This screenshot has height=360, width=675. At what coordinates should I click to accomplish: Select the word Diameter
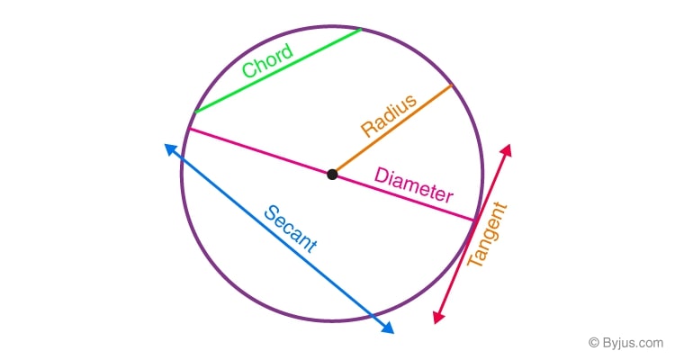414,184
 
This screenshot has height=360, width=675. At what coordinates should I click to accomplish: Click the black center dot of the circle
332,174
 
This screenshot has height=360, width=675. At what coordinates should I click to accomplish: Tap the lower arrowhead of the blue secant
389,328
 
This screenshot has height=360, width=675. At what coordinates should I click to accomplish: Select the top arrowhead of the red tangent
508,148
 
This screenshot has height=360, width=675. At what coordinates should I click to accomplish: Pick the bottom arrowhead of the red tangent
437,317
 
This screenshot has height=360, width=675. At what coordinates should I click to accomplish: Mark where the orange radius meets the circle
451,85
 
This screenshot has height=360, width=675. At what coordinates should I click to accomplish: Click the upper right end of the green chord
361,29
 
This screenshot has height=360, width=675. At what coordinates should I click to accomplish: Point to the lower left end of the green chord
194,112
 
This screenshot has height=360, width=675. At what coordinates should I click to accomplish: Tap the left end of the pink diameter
187,130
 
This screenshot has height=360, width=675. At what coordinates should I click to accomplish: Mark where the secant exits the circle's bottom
370,313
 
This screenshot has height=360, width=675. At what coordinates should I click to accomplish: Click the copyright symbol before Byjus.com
593,343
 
